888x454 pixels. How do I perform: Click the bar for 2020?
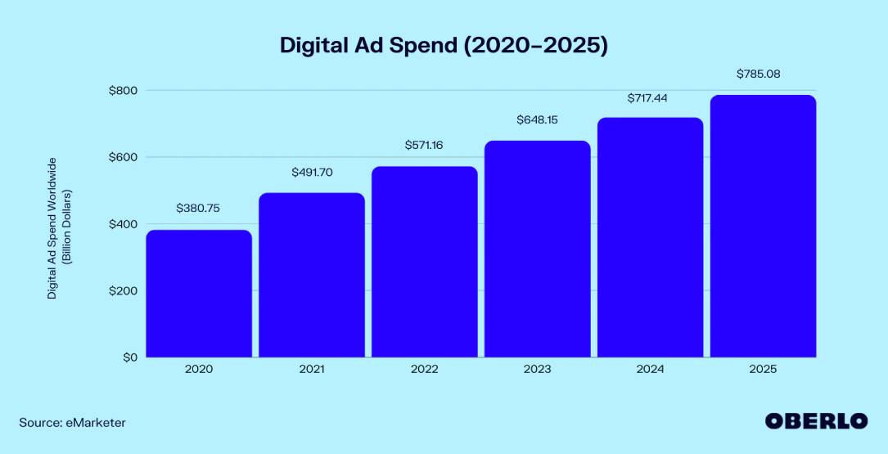point(199,294)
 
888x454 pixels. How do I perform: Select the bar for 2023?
point(537,249)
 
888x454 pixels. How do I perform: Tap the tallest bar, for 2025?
point(763,226)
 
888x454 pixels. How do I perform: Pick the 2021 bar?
point(312,275)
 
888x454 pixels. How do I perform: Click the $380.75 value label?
point(199,208)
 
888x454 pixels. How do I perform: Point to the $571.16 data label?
point(424,145)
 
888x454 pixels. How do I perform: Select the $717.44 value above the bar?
point(650,97)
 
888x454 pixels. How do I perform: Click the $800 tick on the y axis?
point(124,90)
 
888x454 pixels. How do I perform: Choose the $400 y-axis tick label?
point(124,224)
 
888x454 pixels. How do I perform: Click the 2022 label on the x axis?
point(424,370)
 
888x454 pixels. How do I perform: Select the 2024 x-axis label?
point(650,370)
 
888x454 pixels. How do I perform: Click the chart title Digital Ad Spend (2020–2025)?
point(444,45)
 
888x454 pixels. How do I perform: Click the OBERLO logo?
point(816,421)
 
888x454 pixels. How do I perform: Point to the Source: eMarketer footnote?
point(73,423)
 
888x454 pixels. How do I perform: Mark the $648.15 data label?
point(537,119)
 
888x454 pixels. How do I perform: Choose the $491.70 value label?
point(312,173)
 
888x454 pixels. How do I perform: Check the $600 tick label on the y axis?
point(124,157)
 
